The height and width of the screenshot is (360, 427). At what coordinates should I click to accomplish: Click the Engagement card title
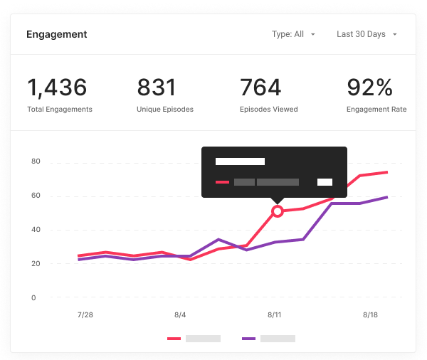point(56,34)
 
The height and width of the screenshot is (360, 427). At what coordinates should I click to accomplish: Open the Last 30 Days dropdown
point(367,34)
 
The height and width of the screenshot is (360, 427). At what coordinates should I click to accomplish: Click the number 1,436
point(57,88)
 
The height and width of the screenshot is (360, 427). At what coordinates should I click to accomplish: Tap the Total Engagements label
point(60,110)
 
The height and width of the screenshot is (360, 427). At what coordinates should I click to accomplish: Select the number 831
point(156,88)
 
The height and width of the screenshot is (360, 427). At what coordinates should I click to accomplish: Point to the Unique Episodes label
point(165,110)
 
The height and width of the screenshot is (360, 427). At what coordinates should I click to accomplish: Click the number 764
point(260,88)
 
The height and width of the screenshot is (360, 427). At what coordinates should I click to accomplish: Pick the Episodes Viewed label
point(268,110)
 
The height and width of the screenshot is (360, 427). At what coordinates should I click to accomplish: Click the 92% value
point(369,88)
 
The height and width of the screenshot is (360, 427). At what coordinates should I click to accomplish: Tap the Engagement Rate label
point(376,110)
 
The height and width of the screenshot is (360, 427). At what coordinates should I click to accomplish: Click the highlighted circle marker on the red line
point(278,211)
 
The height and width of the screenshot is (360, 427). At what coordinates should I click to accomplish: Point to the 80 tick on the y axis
point(36,162)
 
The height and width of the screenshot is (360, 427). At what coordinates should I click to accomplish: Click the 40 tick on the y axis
point(36,230)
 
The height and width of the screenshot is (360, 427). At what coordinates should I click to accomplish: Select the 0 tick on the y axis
point(33,297)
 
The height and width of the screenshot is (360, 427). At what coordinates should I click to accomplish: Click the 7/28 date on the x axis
point(85,314)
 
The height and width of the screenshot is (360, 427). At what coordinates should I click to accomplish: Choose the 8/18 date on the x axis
point(371,314)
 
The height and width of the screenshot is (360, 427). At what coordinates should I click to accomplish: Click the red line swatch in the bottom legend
point(174,339)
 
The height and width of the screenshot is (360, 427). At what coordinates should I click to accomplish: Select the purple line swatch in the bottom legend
point(248,339)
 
